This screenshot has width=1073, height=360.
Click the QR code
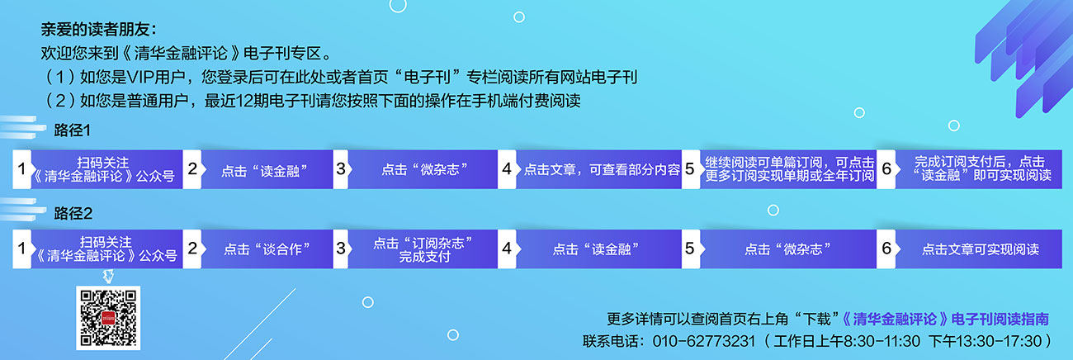(x=108, y=318)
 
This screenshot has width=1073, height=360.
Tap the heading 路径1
(x=72, y=130)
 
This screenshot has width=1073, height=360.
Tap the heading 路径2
(x=73, y=213)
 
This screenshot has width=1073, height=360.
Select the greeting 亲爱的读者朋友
(x=95, y=30)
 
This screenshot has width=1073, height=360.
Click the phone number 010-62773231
(x=704, y=341)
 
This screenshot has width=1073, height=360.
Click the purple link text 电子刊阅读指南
(x=1000, y=319)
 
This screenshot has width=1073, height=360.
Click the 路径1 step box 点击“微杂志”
(x=423, y=169)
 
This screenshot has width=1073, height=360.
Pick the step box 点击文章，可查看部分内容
(x=598, y=169)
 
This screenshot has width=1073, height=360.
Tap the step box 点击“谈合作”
(x=267, y=249)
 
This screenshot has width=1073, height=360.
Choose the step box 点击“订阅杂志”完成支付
(x=423, y=249)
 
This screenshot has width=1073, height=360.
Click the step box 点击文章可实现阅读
(x=979, y=249)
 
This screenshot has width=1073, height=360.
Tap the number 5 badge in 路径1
(x=690, y=169)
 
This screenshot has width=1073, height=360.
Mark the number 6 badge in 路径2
(x=886, y=249)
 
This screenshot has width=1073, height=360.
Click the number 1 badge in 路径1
(x=22, y=169)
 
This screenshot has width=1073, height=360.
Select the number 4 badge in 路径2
(x=507, y=249)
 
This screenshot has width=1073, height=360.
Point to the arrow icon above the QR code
(x=109, y=276)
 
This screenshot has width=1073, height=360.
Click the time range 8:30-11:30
(x=882, y=341)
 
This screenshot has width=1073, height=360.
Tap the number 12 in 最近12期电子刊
(x=245, y=101)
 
